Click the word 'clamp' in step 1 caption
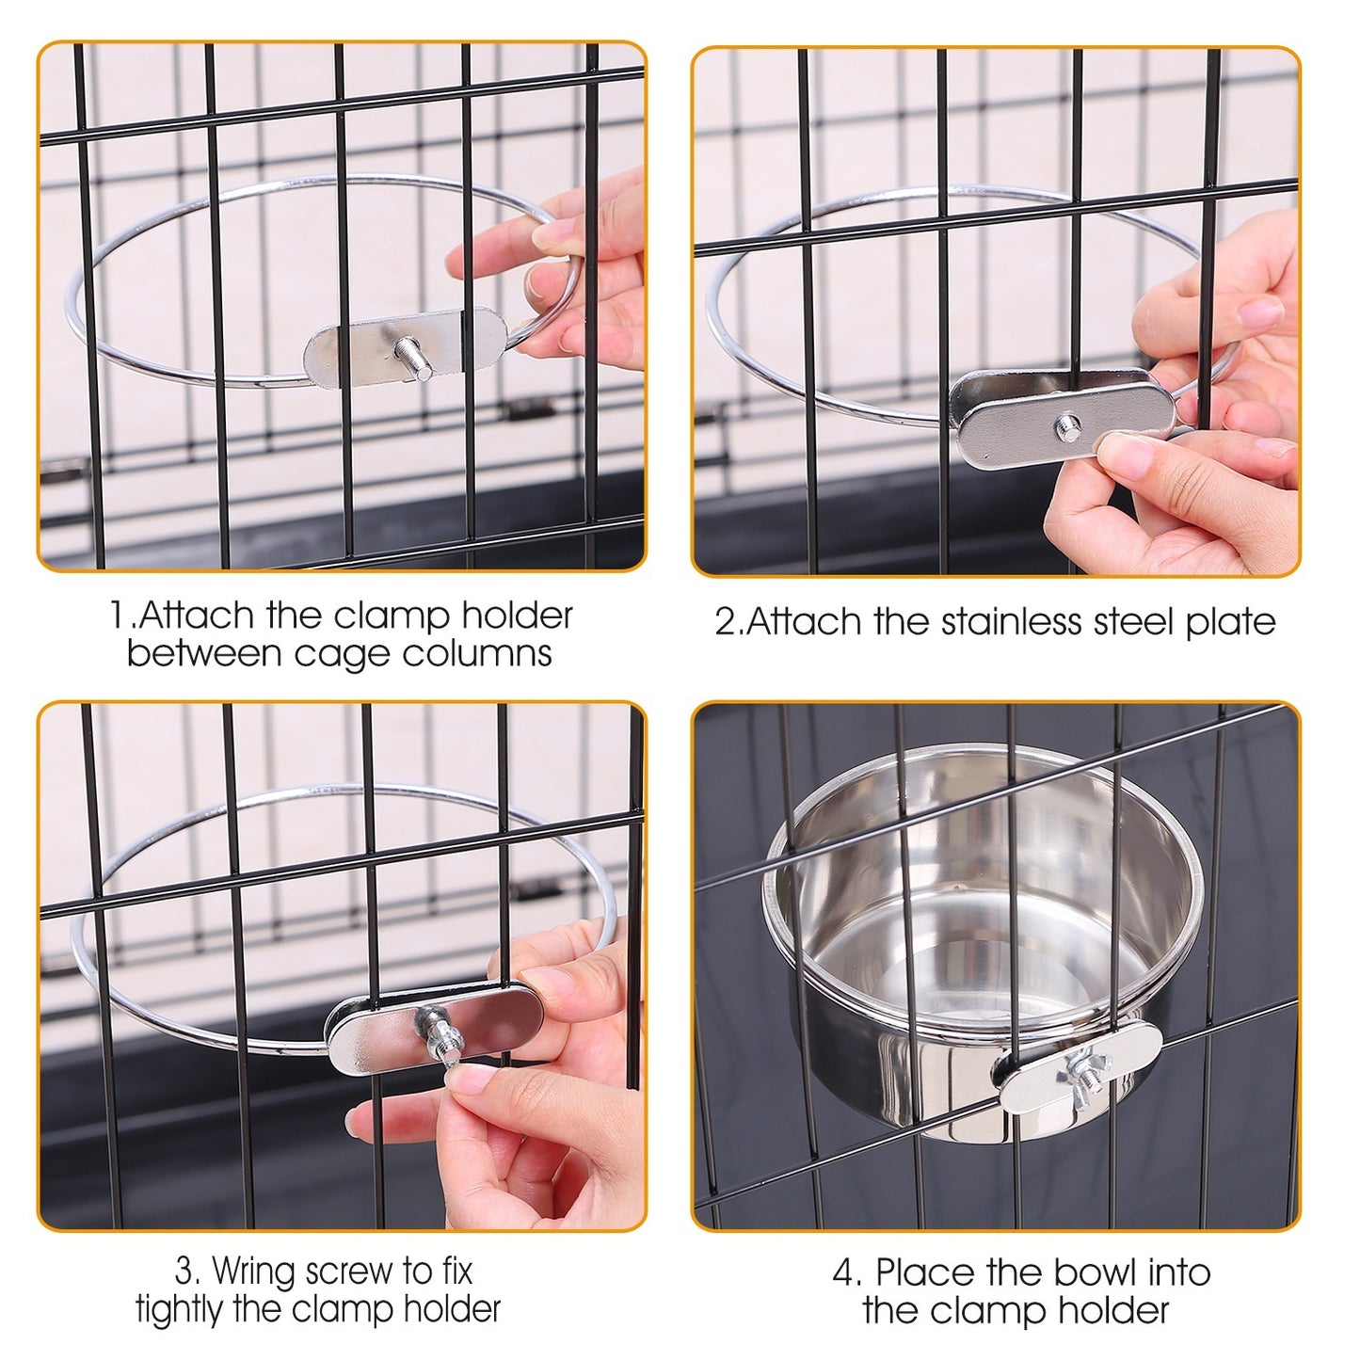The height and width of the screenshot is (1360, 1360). point(392,616)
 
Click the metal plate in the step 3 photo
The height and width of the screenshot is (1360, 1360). point(376,1031)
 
